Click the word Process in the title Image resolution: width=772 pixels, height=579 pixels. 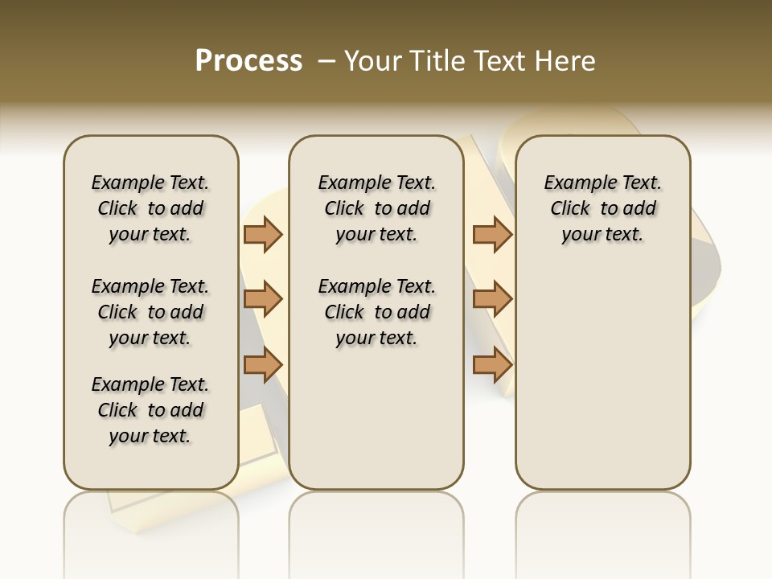[248, 61]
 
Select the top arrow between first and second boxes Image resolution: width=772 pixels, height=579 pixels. [263, 234]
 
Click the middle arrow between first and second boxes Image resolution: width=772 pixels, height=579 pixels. [263, 300]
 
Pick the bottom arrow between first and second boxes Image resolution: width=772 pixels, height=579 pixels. [263, 365]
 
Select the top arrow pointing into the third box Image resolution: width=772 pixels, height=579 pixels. [492, 234]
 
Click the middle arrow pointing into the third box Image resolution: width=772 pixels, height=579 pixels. [492, 300]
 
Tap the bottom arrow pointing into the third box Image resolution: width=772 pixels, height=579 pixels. [492, 365]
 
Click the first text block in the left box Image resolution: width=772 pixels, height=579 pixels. [150, 208]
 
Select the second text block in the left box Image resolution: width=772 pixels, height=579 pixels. [150, 312]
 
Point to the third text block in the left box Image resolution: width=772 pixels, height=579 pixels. [150, 410]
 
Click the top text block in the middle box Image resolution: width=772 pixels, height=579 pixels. [376, 208]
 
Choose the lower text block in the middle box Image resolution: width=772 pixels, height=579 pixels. [376, 312]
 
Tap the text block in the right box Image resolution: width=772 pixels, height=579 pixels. [602, 208]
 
